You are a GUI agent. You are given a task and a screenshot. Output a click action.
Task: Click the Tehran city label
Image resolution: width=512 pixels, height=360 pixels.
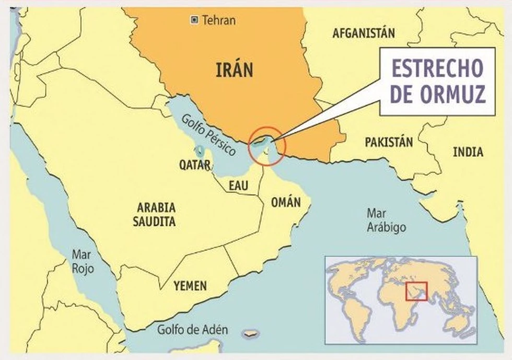coord(219,21)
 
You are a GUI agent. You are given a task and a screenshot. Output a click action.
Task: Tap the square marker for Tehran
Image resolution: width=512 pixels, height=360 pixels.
coord(194,20)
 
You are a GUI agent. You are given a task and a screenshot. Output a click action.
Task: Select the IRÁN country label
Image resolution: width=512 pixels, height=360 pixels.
coord(234,69)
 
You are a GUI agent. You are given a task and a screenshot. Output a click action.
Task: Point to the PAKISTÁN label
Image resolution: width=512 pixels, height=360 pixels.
coord(389,142)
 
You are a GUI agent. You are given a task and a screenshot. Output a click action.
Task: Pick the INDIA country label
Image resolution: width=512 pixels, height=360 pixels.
coord(468,152)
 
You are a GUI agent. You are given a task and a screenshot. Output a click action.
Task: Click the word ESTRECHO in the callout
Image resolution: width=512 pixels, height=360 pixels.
coord(437,69)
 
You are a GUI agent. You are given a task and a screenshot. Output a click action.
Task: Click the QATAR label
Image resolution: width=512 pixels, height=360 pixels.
coord(195,166)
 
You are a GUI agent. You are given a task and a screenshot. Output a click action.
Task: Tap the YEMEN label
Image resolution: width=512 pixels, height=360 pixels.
coord(190,286)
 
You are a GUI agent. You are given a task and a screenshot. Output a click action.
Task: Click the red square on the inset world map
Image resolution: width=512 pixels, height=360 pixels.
coord(416,291)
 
